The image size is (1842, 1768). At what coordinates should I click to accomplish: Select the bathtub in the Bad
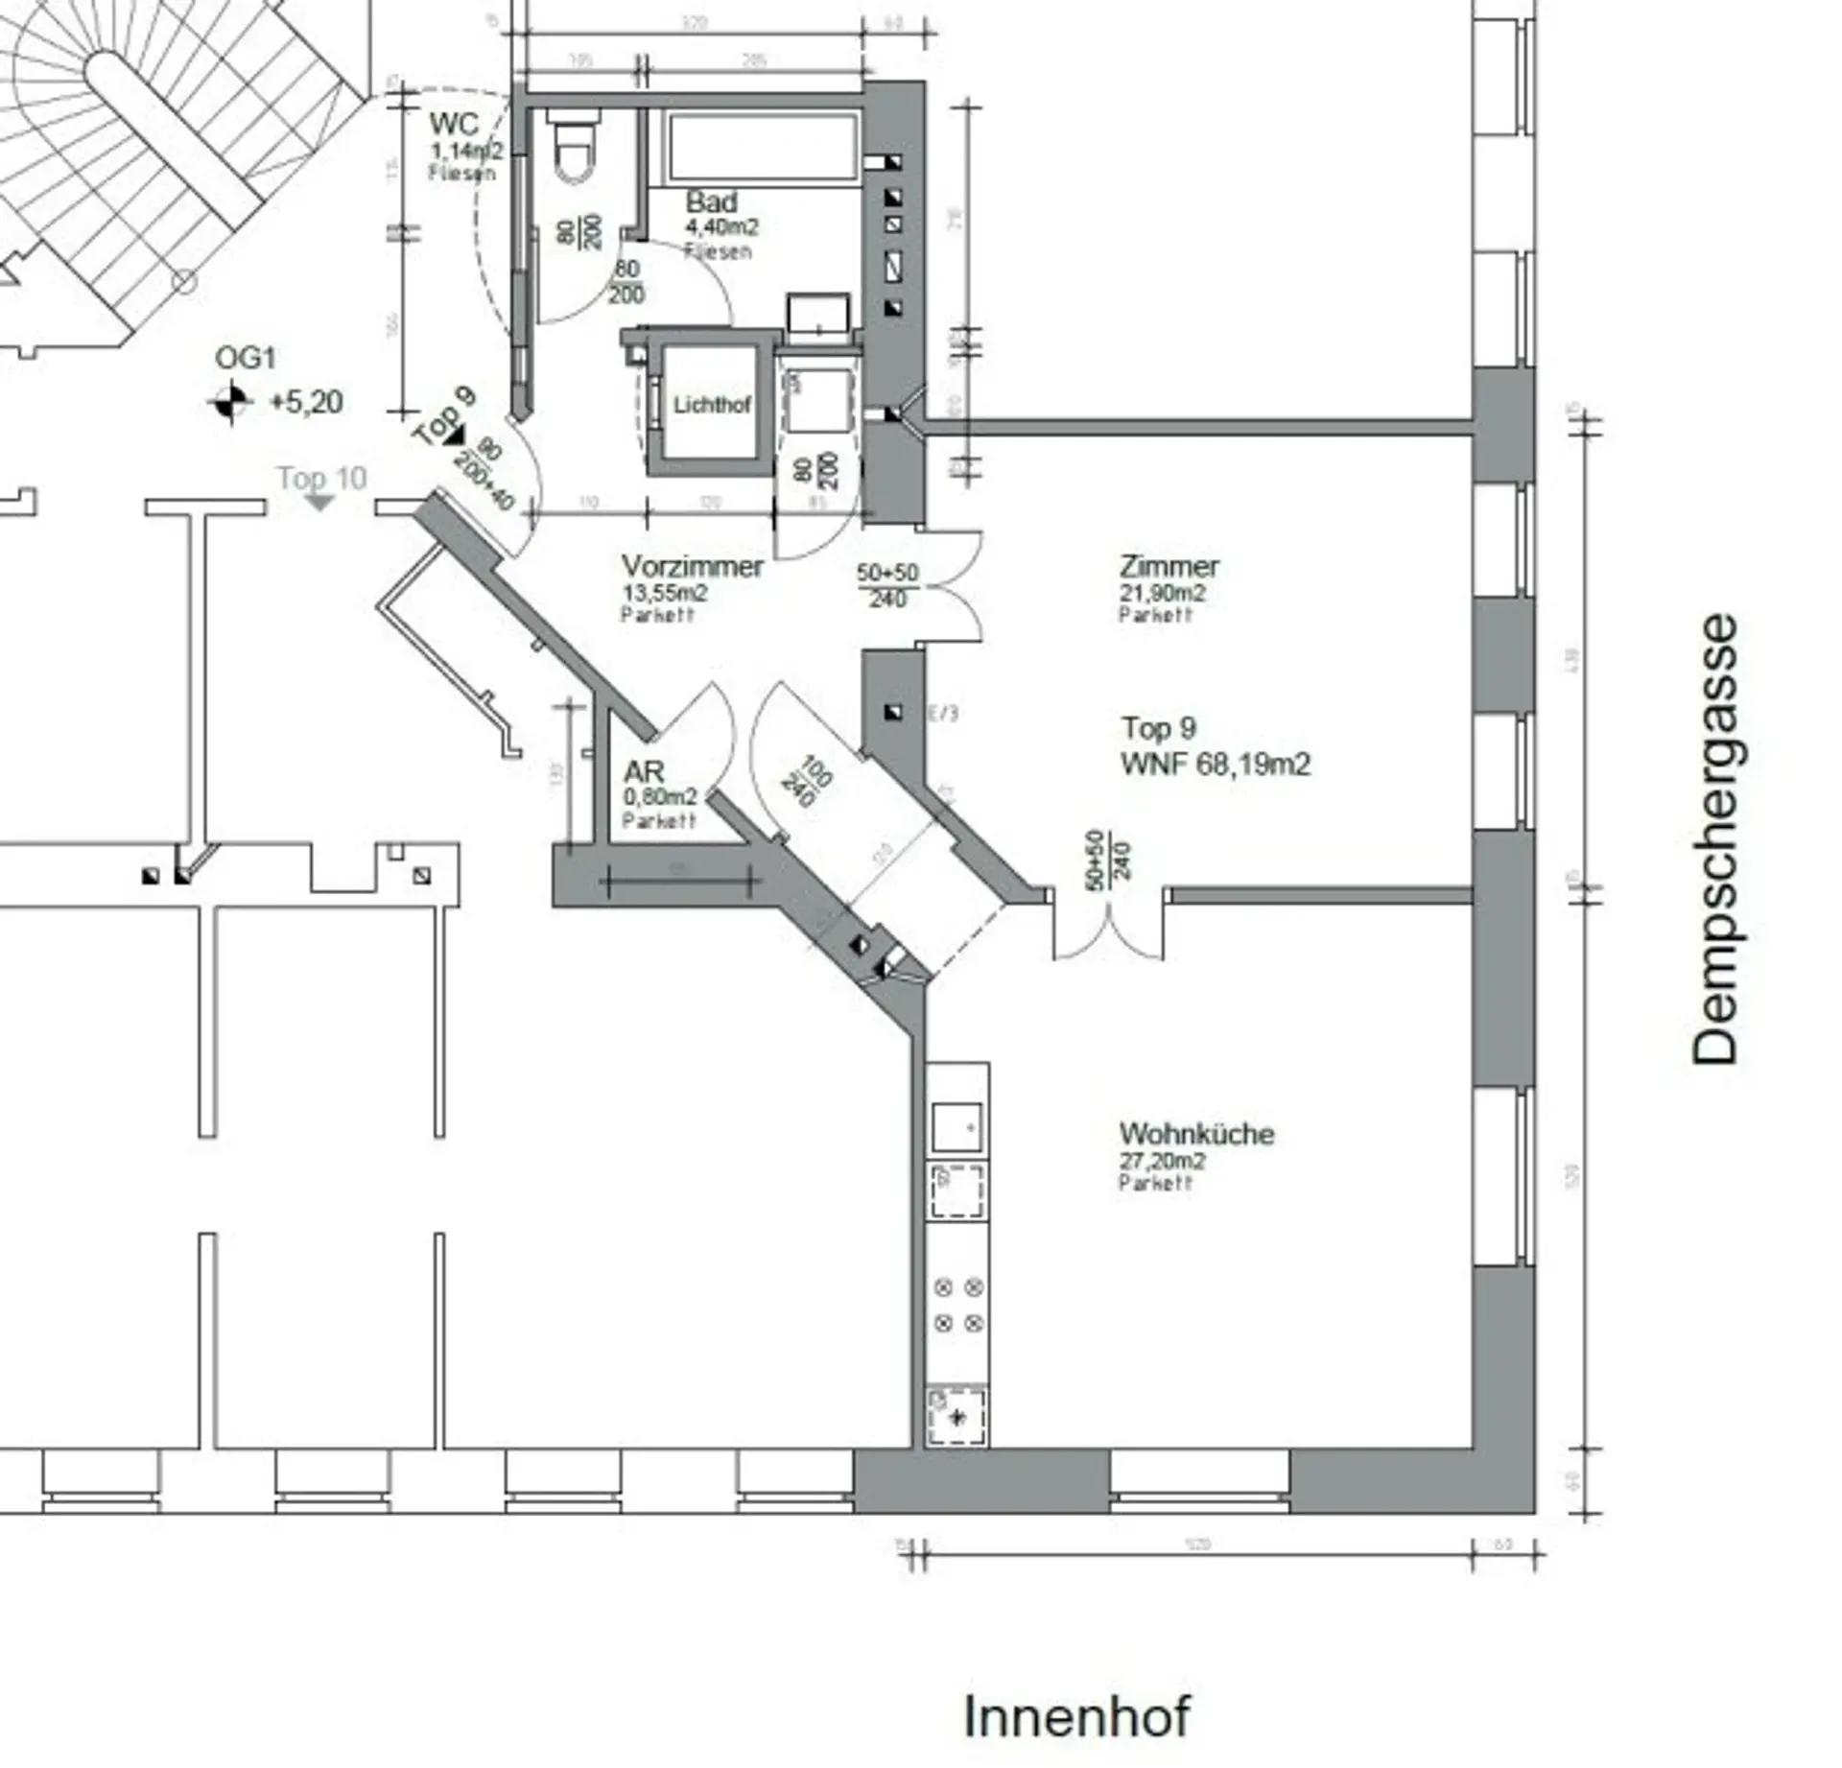763,147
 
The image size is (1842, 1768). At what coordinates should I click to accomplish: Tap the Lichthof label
711,405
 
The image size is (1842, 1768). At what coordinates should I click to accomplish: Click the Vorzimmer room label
692,566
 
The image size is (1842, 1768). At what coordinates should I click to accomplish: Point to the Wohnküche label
1196,1134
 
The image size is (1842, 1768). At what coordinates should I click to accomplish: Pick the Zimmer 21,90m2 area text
1162,593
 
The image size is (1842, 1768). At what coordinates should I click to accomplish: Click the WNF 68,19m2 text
1216,765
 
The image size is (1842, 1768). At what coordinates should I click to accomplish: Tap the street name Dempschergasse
1714,839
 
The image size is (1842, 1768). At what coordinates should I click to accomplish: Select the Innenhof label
1076,1716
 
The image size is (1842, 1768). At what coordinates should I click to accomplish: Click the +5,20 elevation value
306,402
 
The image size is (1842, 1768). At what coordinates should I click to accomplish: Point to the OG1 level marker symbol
229,402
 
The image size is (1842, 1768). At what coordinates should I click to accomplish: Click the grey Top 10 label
322,478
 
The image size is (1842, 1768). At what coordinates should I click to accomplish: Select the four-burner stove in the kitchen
957,1306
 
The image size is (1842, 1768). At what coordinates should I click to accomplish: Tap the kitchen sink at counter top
956,1126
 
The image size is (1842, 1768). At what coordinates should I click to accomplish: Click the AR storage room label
644,771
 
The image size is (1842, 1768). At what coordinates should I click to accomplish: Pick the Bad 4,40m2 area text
721,227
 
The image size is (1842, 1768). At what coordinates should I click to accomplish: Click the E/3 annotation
943,713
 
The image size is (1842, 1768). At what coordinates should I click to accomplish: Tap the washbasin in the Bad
818,315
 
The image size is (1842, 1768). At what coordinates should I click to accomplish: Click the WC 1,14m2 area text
466,151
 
